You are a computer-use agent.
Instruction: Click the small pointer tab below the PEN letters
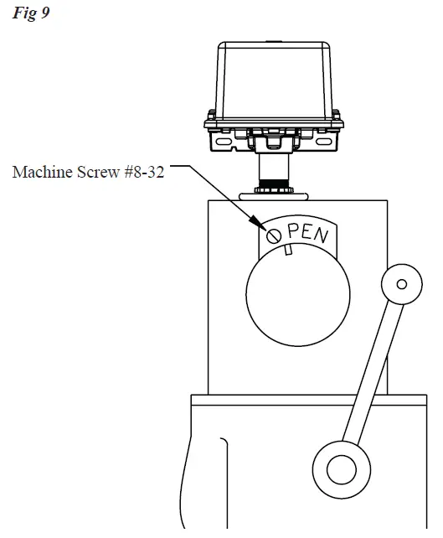point(287,251)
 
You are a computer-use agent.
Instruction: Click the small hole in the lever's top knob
point(402,284)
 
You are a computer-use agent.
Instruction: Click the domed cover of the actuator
point(274,80)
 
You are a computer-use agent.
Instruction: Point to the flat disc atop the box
point(273,195)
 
